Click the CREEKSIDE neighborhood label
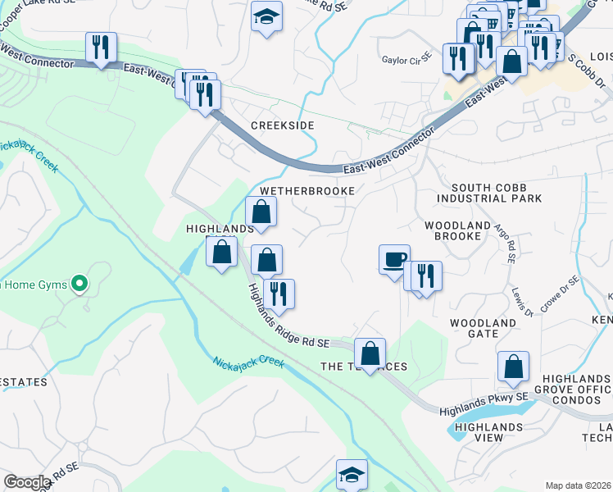pyautogui.click(x=282, y=125)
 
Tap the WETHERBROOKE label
pyautogui.click(x=306, y=190)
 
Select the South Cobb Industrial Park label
pyautogui.click(x=489, y=193)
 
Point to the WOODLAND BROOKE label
pyautogui.click(x=452, y=230)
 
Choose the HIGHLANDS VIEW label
pyautogui.click(x=488, y=432)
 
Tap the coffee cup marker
pyautogui.click(x=394, y=259)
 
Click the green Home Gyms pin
pyautogui.click(x=79, y=284)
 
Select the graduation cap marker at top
pyautogui.click(x=266, y=17)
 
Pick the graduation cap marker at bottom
pyautogui.click(x=352, y=474)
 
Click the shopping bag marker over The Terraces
pyautogui.click(x=370, y=354)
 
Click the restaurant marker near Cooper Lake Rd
pyautogui.click(x=101, y=47)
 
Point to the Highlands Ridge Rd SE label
pyautogui.click(x=288, y=314)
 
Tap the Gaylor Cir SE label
pyautogui.click(x=406, y=59)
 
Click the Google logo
pyautogui.click(x=27, y=481)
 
